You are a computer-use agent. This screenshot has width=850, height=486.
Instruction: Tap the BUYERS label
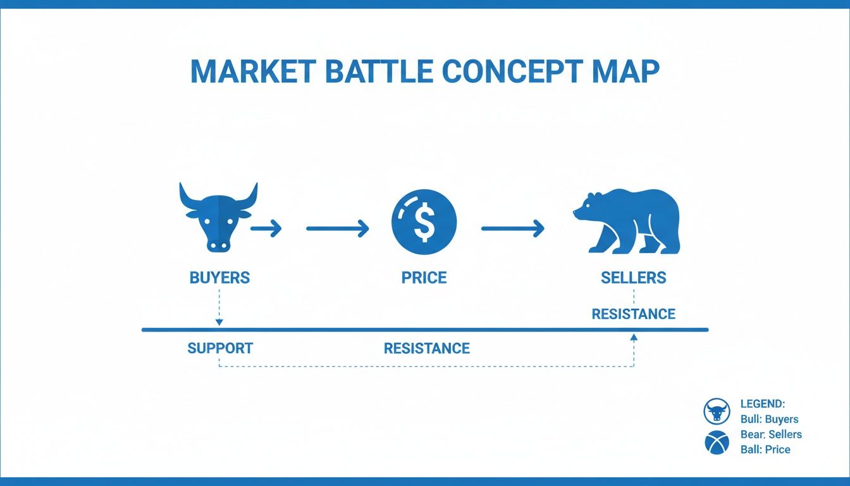(219, 277)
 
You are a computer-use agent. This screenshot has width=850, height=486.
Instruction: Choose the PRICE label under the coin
(424, 277)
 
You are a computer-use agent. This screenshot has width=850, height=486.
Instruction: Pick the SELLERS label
(633, 277)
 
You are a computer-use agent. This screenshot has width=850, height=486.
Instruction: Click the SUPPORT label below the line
(220, 348)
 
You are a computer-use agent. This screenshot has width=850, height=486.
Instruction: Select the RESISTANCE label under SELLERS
(633, 314)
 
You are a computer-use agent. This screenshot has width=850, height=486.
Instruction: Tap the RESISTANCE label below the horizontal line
(427, 348)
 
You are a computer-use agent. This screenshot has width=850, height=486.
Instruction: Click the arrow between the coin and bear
(512, 228)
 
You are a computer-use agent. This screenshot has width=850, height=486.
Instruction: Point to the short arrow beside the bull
(266, 228)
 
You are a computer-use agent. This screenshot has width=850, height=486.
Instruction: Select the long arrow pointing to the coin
(337, 228)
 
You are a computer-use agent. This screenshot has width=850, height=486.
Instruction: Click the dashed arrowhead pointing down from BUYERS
(219, 322)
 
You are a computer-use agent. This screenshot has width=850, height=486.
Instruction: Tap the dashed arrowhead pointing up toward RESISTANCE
(634, 339)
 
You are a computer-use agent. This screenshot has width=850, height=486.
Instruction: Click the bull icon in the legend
(717, 411)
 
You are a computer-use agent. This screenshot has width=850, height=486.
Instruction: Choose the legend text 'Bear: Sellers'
(771, 434)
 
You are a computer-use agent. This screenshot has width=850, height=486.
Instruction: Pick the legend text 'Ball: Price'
(765, 449)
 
